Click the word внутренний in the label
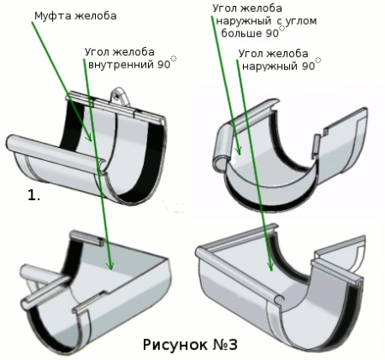[121, 65]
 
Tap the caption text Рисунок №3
[190, 345]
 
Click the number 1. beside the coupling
[33, 195]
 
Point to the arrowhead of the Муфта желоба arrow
[89, 138]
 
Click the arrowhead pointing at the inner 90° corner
[110, 266]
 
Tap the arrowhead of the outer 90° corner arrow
[269, 267]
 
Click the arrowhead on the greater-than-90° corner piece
[238, 150]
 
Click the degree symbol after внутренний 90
[174, 58]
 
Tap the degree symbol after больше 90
[282, 27]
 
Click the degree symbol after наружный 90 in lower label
[318, 60]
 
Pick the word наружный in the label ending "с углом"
[243, 21]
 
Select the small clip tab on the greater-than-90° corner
[316, 146]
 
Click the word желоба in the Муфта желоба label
[96, 16]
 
